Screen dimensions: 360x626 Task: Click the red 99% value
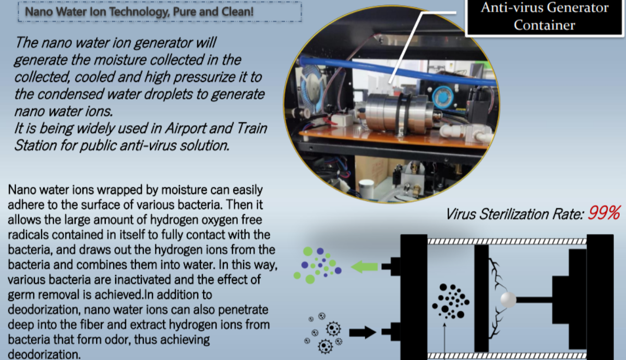604,213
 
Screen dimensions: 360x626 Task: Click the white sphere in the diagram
508,299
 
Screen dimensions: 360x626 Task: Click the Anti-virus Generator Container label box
544,17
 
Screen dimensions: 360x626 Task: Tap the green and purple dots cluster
317,265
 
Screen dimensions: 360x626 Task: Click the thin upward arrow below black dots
443,339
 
